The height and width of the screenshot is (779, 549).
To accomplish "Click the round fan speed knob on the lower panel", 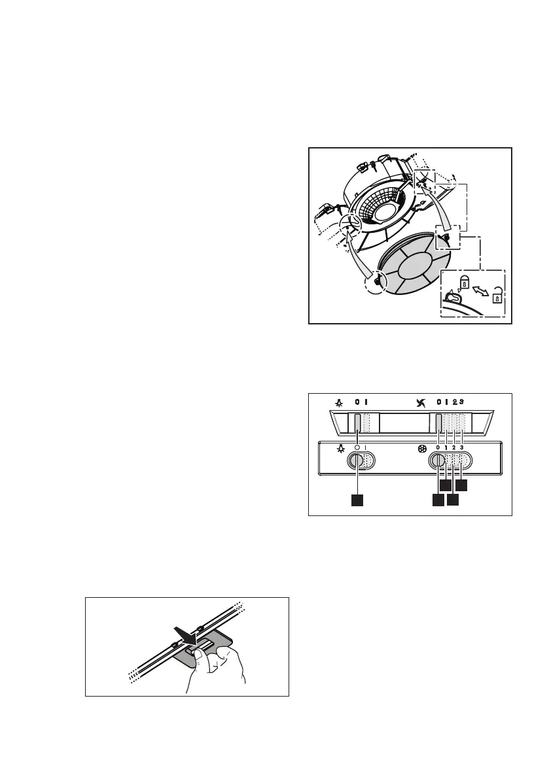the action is (438, 461).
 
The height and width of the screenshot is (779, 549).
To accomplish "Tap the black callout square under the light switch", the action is (357, 500).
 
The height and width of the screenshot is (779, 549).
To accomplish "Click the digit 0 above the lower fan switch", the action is (438, 447).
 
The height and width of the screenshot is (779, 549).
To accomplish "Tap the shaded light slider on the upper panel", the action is (357, 424).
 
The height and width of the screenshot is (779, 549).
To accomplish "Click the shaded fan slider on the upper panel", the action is (438, 424).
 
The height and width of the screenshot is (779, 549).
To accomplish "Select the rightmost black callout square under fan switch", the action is (462, 485).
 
